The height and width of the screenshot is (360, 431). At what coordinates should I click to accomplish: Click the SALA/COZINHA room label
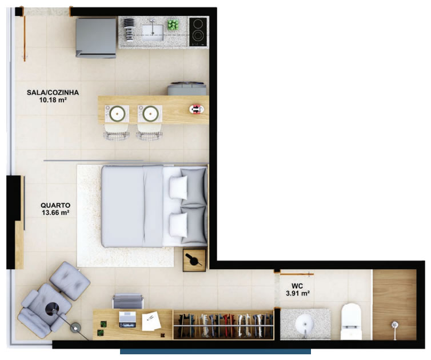(x=53, y=93)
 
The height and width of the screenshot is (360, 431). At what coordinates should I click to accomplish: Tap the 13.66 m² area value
(x=55, y=213)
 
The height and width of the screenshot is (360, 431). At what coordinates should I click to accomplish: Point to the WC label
(x=297, y=286)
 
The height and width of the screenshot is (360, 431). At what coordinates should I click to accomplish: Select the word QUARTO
(x=55, y=205)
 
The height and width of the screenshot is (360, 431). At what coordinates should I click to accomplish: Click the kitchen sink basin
(x=153, y=33)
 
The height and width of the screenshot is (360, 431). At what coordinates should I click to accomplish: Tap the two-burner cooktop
(x=198, y=32)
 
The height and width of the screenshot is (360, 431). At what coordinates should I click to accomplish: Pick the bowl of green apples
(x=173, y=25)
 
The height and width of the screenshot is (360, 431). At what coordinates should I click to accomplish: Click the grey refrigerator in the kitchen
(x=96, y=38)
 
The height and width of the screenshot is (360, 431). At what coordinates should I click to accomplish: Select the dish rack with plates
(x=129, y=29)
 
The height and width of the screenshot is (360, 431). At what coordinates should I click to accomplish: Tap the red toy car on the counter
(x=197, y=109)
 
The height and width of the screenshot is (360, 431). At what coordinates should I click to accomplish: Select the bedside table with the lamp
(x=194, y=260)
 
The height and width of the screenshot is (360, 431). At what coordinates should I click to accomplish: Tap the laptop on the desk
(x=127, y=319)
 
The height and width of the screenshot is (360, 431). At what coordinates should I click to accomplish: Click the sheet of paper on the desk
(x=151, y=321)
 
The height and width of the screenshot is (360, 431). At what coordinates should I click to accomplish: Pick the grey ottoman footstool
(x=70, y=281)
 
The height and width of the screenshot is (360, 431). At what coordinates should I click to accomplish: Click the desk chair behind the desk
(x=128, y=301)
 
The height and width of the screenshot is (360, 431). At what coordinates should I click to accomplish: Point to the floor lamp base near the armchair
(x=75, y=327)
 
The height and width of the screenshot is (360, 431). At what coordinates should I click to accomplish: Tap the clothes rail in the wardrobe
(x=224, y=326)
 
